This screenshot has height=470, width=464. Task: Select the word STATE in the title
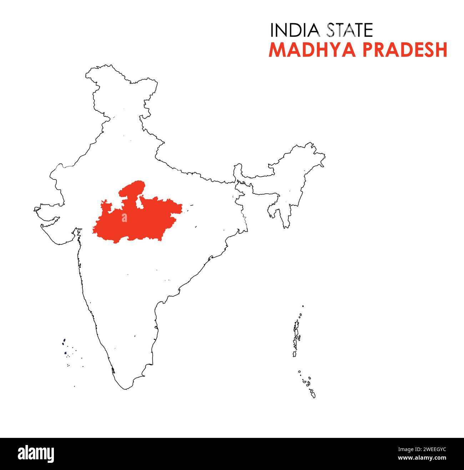(x=350, y=30)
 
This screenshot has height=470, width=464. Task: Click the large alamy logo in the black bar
(x=36, y=454)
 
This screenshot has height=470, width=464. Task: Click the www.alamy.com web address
(x=422, y=458)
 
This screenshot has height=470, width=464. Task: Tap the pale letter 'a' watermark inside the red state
(x=124, y=218)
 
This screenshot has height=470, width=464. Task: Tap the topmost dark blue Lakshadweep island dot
(x=64, y=340)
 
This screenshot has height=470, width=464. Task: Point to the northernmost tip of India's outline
(x=107, y=66)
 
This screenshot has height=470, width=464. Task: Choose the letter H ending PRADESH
(x=442, y=50)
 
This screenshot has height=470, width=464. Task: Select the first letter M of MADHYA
(x=277, y=50)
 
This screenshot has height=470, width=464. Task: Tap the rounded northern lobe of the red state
(x=135, y=188)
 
